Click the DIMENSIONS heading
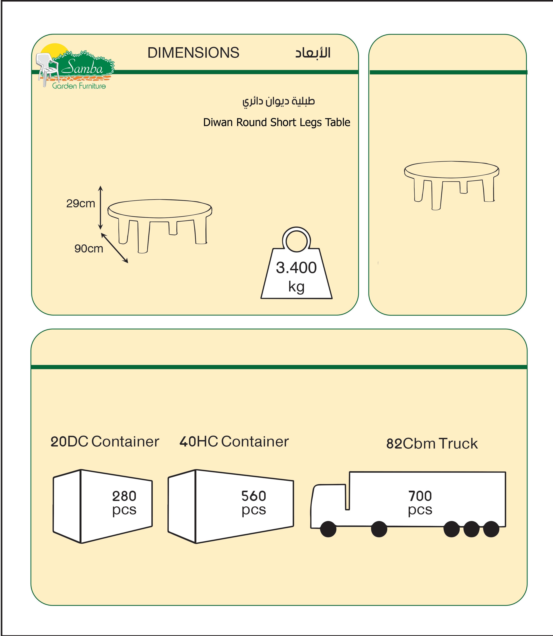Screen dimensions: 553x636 [x=193, y=53]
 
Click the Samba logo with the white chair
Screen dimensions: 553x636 [x=75, y=66]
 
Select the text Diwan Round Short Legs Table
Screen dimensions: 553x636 [x=276, y=122]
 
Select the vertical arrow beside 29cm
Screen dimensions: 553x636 [x=100, y=208]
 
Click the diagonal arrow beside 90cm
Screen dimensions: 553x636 [x=114, y=248]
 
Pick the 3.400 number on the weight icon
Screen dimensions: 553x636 [x=296, y=268]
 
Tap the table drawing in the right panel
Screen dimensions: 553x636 [x=452, y=185]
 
